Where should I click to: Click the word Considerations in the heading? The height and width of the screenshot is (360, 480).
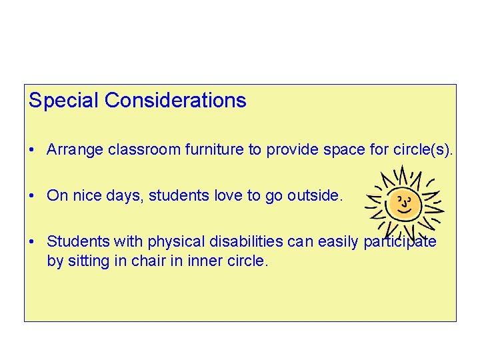tap(175, 101)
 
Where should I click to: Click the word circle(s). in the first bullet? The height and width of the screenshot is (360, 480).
tap(423, 150)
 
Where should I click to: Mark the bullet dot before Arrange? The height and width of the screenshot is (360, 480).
tap(33, 151)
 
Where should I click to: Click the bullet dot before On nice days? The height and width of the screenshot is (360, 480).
tap(33, 197)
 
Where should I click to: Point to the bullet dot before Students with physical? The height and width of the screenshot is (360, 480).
tap(33, 242)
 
